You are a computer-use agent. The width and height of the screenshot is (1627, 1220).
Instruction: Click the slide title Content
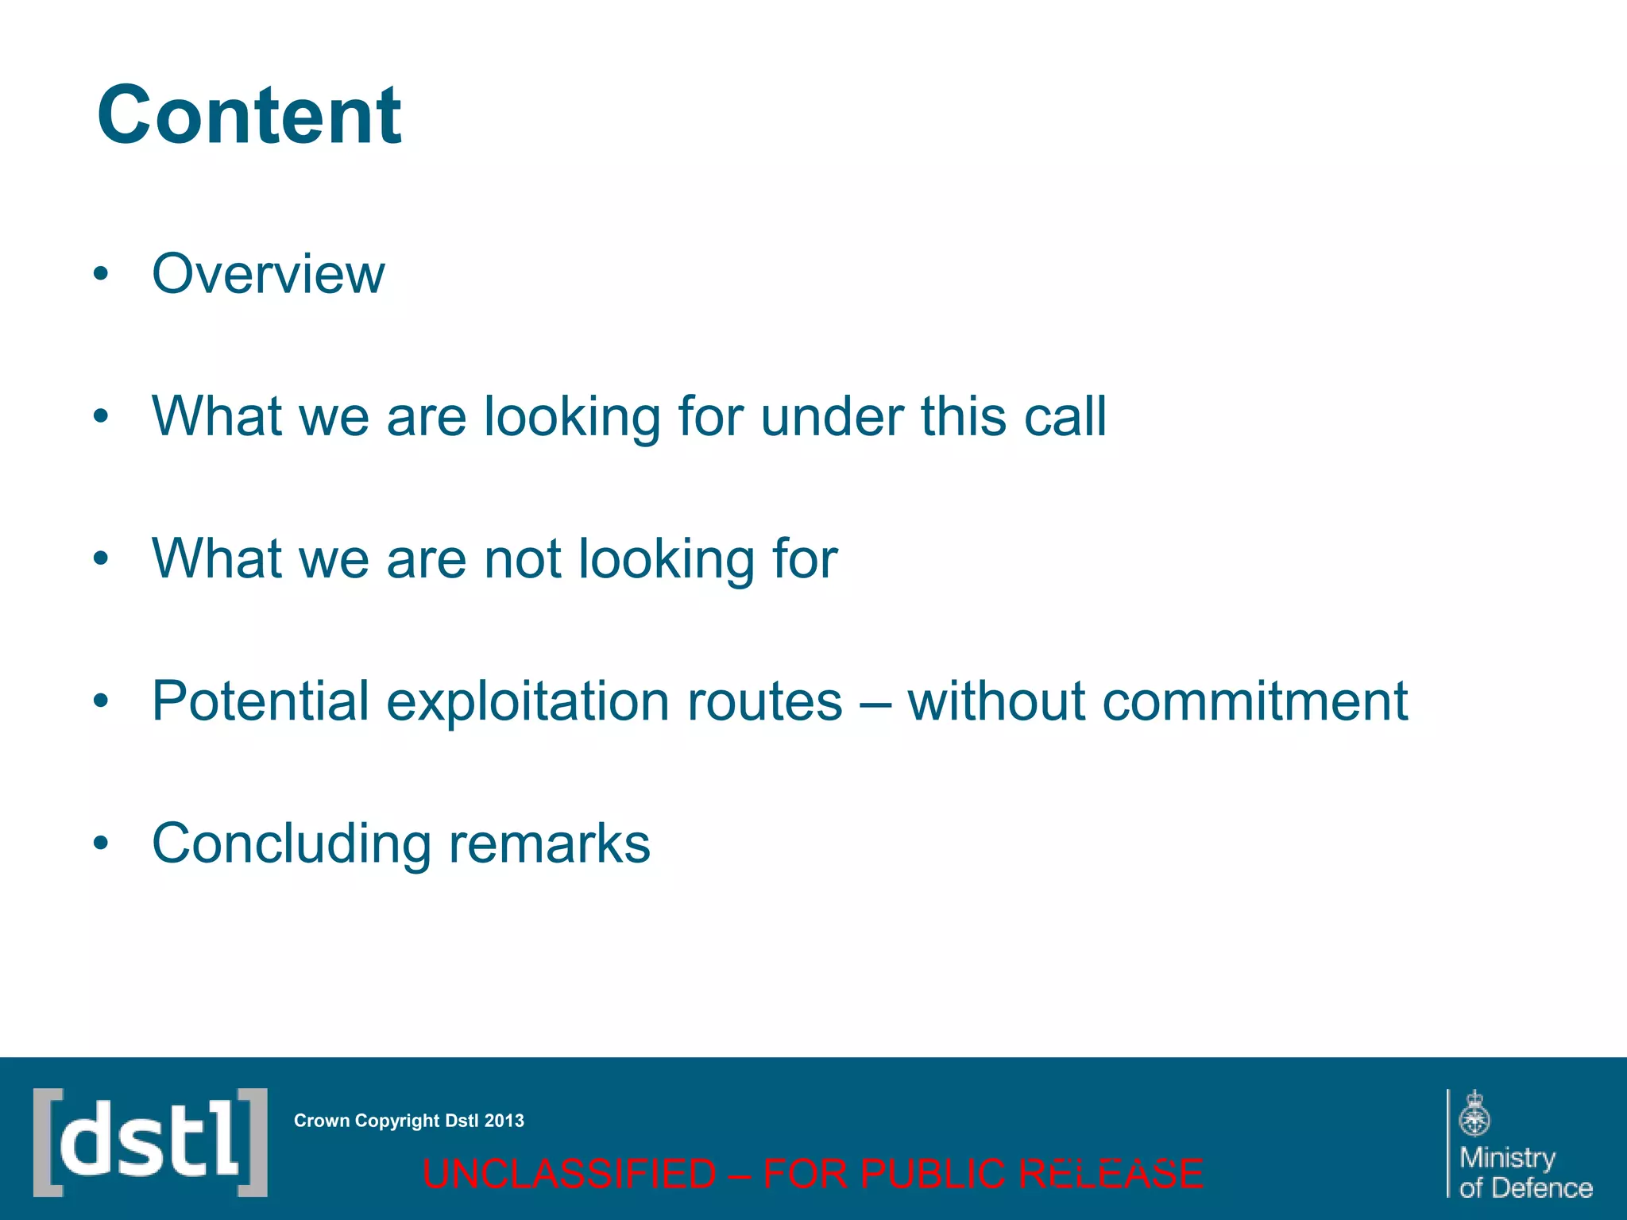click(x=249, y=116)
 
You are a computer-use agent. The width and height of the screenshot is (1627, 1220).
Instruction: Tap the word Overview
click(x=268, y=274)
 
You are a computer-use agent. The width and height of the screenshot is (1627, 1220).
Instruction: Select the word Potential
click(x=261, y=701)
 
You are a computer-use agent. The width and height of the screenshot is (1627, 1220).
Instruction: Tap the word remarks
click(x=550, y=844)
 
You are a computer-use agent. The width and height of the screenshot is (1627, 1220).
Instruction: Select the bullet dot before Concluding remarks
click(x=100, y=844)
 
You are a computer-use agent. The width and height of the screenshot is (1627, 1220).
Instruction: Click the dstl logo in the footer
click(x=150, y=1142)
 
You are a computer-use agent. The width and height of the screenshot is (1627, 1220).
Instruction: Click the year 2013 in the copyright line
click(x=504, y=1121)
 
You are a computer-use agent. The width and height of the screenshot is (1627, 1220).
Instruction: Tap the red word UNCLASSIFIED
click(x=570, y=1174)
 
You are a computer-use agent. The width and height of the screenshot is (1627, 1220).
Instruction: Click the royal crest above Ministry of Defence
click(x=1474, y=1114)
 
